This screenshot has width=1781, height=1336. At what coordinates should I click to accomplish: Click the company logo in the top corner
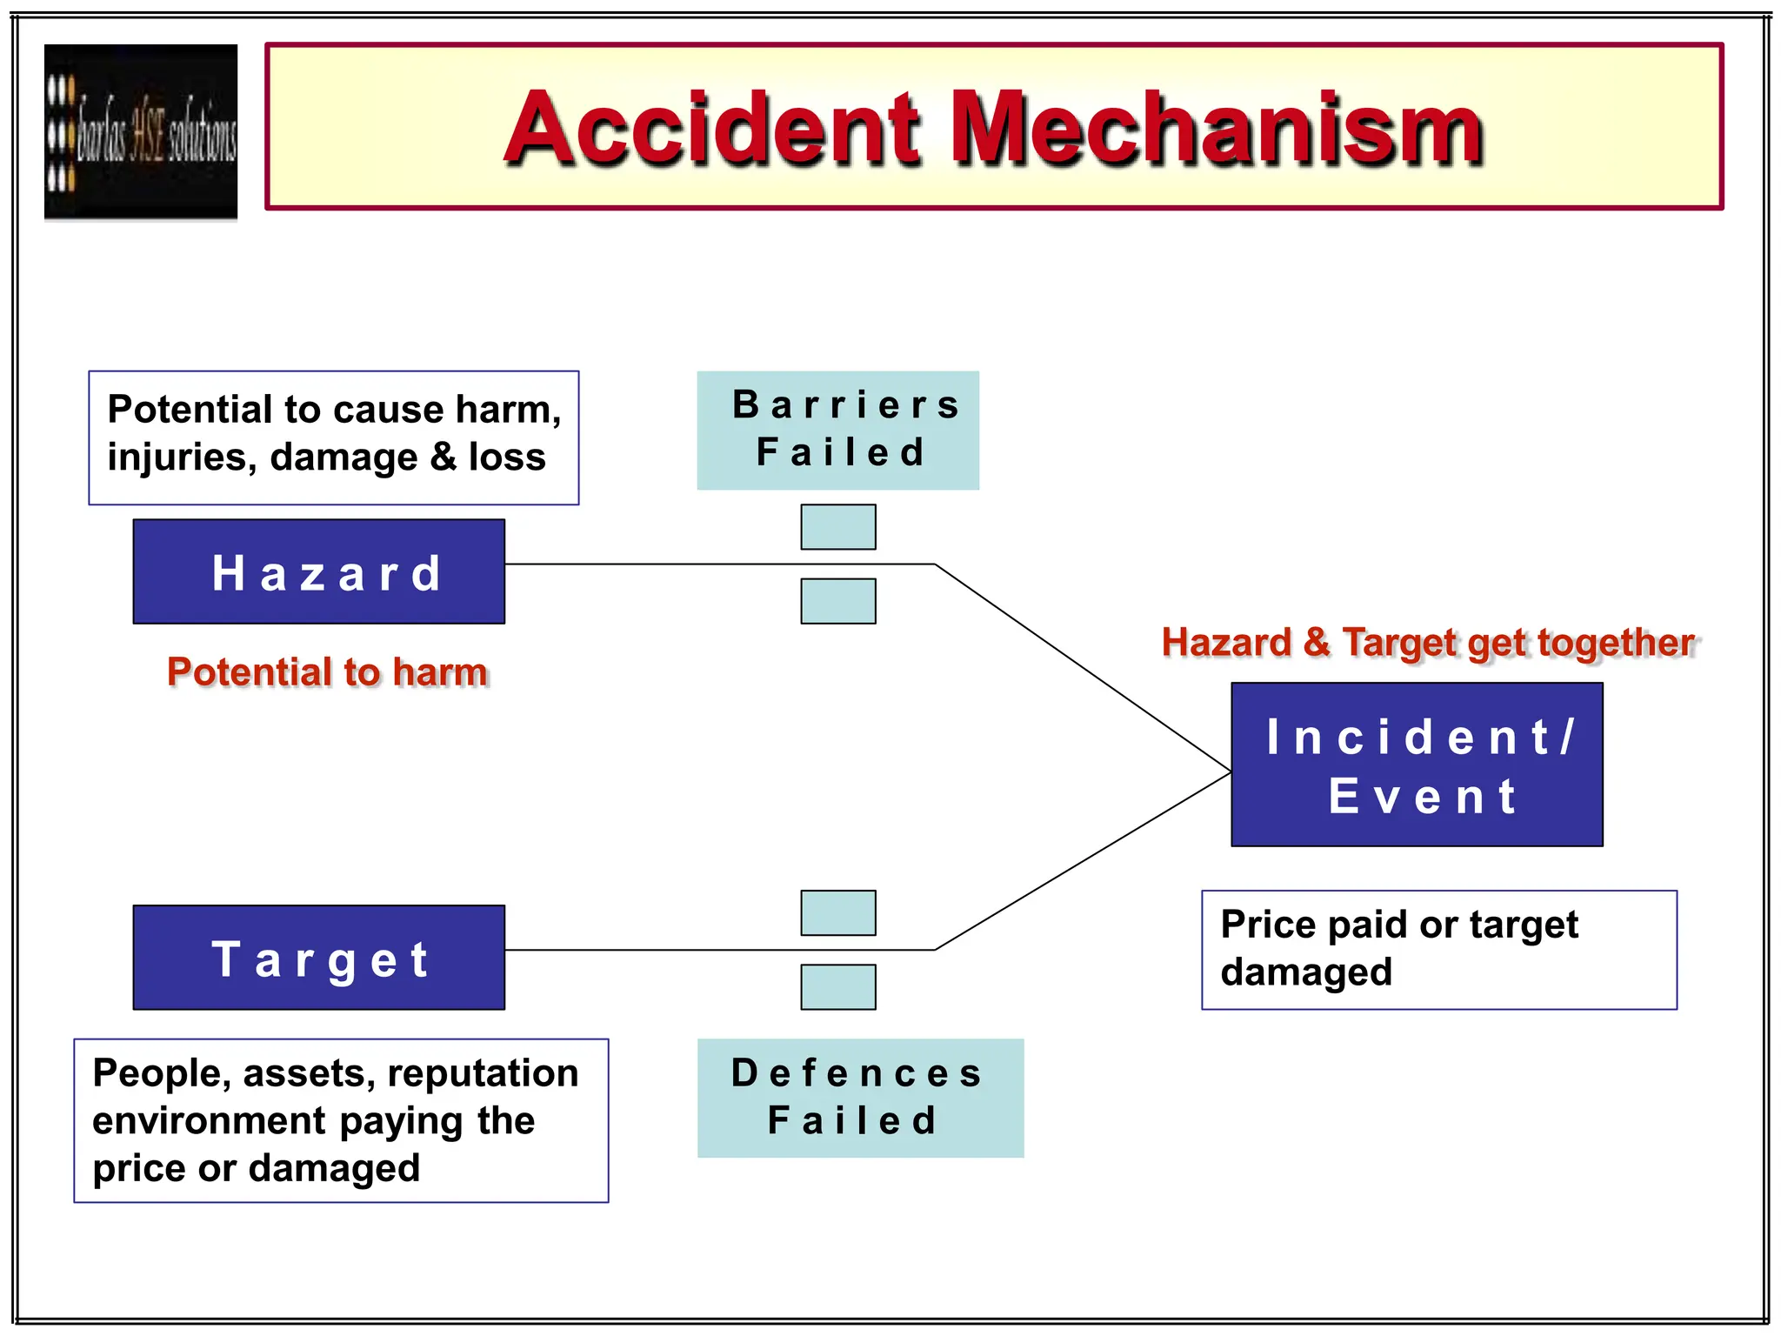coord(141,131)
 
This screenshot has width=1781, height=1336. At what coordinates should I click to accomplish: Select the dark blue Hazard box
coord(318,571)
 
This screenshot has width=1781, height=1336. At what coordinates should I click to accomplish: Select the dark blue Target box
coord(318,958)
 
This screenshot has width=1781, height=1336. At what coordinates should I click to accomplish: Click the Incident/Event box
coord(1417,765)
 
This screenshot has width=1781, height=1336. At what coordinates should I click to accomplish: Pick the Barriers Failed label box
coord(837,431)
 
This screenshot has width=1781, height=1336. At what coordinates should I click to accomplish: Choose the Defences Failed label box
coord(860,1098)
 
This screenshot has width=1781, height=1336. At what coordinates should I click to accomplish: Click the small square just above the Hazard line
coord(838,527)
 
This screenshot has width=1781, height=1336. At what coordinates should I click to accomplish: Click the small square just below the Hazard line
coord(838,601)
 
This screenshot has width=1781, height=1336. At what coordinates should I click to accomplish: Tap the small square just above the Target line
coord(838,912)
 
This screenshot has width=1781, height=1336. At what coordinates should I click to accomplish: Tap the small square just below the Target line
coord(838,987)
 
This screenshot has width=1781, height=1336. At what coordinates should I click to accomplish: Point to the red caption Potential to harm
coord(327,672)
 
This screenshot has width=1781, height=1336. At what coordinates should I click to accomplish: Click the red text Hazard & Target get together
coord(1428,643)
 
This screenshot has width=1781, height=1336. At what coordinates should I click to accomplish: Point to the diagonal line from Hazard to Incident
coord(1083,668)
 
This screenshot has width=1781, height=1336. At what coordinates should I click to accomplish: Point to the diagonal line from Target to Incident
coord(1083,861)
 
